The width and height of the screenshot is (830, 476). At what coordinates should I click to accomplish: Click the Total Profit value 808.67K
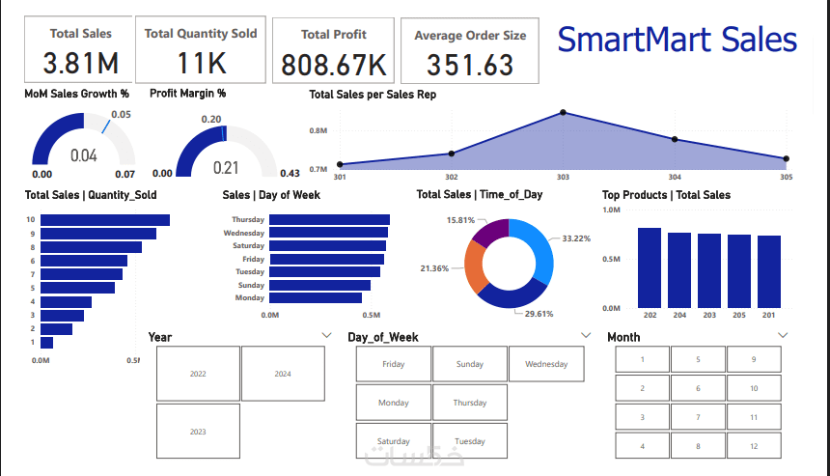point(333,65)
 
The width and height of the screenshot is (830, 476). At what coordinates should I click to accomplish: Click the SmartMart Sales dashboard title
point(677,40)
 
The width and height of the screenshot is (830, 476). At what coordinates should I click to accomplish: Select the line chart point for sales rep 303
point(563,113)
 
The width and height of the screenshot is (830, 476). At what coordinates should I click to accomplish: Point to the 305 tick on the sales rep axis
point(786,178)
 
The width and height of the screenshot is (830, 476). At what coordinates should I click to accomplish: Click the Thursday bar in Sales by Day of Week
point(329,219)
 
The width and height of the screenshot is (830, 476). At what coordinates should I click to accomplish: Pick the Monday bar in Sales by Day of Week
point(318,298)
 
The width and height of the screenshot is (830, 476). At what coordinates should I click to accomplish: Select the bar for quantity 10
point(105,220)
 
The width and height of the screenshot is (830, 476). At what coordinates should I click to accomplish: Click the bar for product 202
point(650,267)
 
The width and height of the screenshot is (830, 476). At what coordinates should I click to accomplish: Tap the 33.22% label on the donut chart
point(576,238)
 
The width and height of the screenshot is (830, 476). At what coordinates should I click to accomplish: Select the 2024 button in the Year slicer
point(283,374)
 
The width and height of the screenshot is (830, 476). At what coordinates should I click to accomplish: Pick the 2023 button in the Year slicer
point(198,432)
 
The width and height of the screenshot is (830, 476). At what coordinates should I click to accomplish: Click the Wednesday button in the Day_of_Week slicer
point(546,364)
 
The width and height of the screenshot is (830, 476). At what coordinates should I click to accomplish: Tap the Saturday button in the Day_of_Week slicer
point(393,441)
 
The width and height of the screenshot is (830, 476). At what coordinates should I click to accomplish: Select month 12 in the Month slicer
point(754,446)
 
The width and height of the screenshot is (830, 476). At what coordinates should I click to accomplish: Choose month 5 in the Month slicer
point(698,359)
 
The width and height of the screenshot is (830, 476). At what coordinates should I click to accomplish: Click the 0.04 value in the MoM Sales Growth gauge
point(84,155)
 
